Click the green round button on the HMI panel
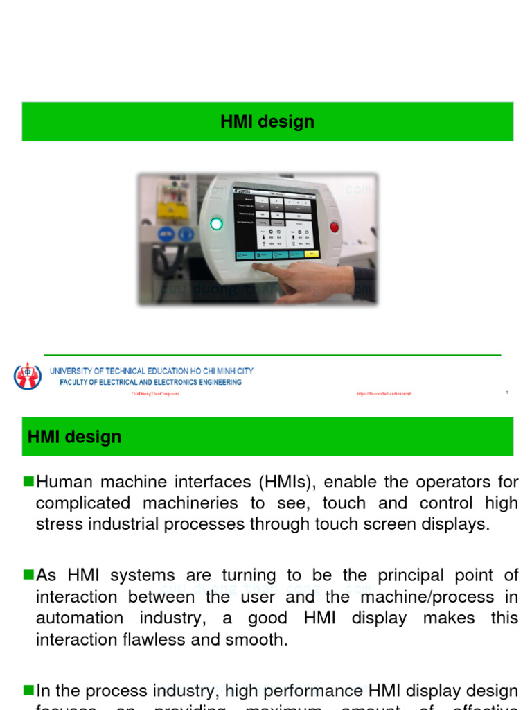click(216, 223)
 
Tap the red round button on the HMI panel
click(335, 227)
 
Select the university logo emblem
click(28, 376)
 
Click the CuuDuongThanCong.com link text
click(155, 394)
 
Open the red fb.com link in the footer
click(384, 394)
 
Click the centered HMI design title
click(267, 122)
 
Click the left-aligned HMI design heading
click(74, 437)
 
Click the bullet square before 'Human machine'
click(28, 480)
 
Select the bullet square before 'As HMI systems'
click(28, 574)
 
